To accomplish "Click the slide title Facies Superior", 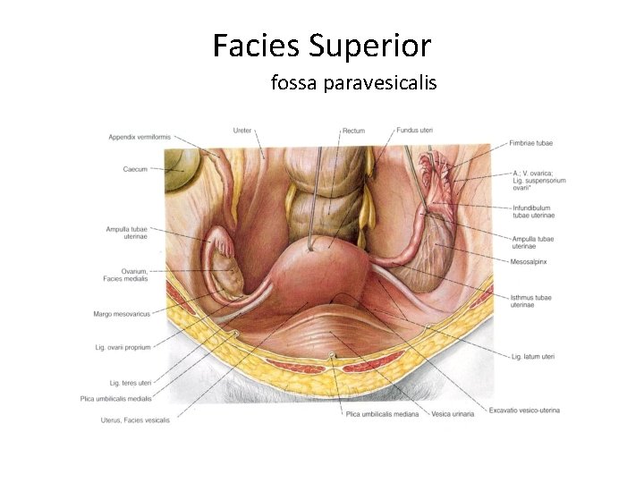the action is [322, 44].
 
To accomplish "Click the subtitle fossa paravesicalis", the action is [353, 83].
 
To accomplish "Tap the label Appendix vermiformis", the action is [139, 137].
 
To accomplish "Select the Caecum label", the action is [136, 168].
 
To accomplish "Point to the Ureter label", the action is [241, 131].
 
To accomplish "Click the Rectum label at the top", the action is [353, 131].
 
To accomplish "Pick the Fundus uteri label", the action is [414, 131].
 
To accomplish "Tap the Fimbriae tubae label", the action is [531, 143].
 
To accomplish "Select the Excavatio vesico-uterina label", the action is [524, 411].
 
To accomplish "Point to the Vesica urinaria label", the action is [452, 414].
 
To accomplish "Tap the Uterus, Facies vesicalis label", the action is [135, 419].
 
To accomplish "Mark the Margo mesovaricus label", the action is [122, 314].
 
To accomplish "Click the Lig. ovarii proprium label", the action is [123, 346].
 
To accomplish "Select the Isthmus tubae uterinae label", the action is [532, 301].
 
